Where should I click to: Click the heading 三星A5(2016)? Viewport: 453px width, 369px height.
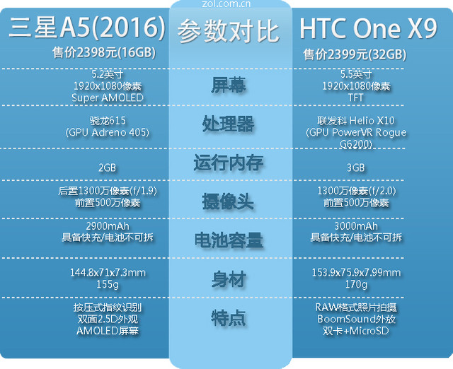[x=87, y=28]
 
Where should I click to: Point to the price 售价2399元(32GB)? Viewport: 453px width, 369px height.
[x=355, y=54]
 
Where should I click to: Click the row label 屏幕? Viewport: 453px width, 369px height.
[x=229, y=86]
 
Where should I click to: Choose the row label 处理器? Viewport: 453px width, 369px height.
[x=229, y=124]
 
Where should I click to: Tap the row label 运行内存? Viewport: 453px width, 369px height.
[x=229, y=163]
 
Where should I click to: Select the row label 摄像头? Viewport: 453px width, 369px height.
[x=229, y=202]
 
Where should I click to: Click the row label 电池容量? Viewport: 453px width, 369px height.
[x=229, y=240]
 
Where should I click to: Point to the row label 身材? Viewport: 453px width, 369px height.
[x=229, y=279]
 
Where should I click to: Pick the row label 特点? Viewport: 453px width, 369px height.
[x=229, y=318]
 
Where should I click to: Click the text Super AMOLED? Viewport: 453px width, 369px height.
[x=108, y=98]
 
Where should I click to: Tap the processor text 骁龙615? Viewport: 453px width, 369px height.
[x=108, y=120]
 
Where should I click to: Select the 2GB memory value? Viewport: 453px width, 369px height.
[x=108, y=168]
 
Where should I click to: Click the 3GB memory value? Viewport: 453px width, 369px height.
[x=356, y=168]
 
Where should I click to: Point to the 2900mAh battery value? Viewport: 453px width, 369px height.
[x=108, y=226]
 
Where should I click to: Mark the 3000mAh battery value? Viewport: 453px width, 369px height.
[x=356, y=226]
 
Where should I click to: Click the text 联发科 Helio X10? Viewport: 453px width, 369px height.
[x=356, y=120]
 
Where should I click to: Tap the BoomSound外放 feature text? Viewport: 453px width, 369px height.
[x=356, y=319]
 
